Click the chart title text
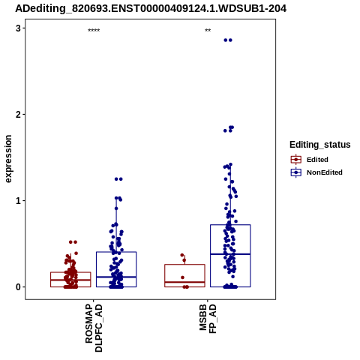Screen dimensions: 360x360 (151, 8)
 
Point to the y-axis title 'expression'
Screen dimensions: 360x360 (8, 159)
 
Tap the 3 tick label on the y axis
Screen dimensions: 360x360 (18, 28)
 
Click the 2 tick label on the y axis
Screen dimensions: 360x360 (18, 115)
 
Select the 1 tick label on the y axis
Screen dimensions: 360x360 (18, 201)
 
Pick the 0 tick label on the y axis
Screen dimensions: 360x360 (18, 287)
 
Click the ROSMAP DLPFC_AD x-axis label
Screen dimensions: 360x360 (94, 328)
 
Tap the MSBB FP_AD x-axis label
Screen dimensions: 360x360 (208, 319)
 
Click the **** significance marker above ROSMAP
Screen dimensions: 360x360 (94, 30)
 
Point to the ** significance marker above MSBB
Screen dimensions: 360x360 (208, 30)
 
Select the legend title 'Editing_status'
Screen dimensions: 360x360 (320, 145)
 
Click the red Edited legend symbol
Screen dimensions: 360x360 (296, 160)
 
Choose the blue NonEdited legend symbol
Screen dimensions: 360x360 (296, 172)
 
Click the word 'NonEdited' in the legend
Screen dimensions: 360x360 (325, 172)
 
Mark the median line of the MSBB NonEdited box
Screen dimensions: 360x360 (230, 254)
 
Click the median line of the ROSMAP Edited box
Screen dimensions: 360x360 (70, 280)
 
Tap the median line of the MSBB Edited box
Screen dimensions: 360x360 (184, 282)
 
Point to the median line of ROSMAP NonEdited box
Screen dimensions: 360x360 (116, 277)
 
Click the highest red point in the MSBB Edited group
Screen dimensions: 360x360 (182, 255)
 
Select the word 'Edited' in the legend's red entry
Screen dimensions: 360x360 (317, 160)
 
